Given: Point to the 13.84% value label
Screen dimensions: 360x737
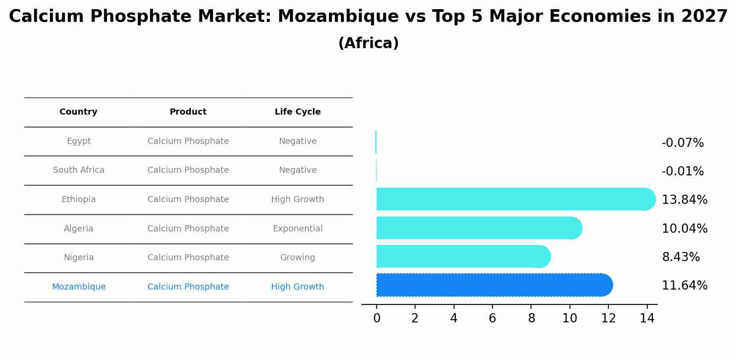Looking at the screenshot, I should pyautogui.click(x=684, y=200).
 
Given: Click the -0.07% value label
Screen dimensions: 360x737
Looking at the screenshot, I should pyautogui.click(x=682, y=143).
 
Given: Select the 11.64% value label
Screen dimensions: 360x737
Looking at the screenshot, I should pyautogui.click(x=684, y=286).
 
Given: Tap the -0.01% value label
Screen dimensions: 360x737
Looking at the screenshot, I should pyautogui.click(x=682, y=171).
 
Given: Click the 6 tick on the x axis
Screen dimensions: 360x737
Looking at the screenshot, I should pyautogui.click(x=492, y=318).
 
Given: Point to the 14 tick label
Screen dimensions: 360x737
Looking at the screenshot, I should pyautogui.click(x=647, y=318).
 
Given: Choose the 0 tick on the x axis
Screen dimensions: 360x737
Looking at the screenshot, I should pyautogui.click(x=377, y=318).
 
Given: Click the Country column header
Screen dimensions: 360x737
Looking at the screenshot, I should pyautogui.click(x=78, y=112).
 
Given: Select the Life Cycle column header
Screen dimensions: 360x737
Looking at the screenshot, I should pyautogui.click(x=297, y=112).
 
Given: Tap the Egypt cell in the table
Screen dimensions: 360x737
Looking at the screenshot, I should pyautogui.click(x=79, y=141).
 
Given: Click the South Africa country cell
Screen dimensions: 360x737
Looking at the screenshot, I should pyautogui.click(x=79, y=170).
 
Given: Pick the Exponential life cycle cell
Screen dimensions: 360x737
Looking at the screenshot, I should pyautogui.click(x=297, y=229).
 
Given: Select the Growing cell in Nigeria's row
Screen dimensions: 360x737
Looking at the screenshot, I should pyautogui.click(x=297, y=258).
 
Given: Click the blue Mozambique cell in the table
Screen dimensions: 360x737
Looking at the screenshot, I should pyautogui.click(x=79, y=287).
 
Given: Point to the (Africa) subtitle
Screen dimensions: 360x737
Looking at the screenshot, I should pyautogui.click(x=368, y=43).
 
